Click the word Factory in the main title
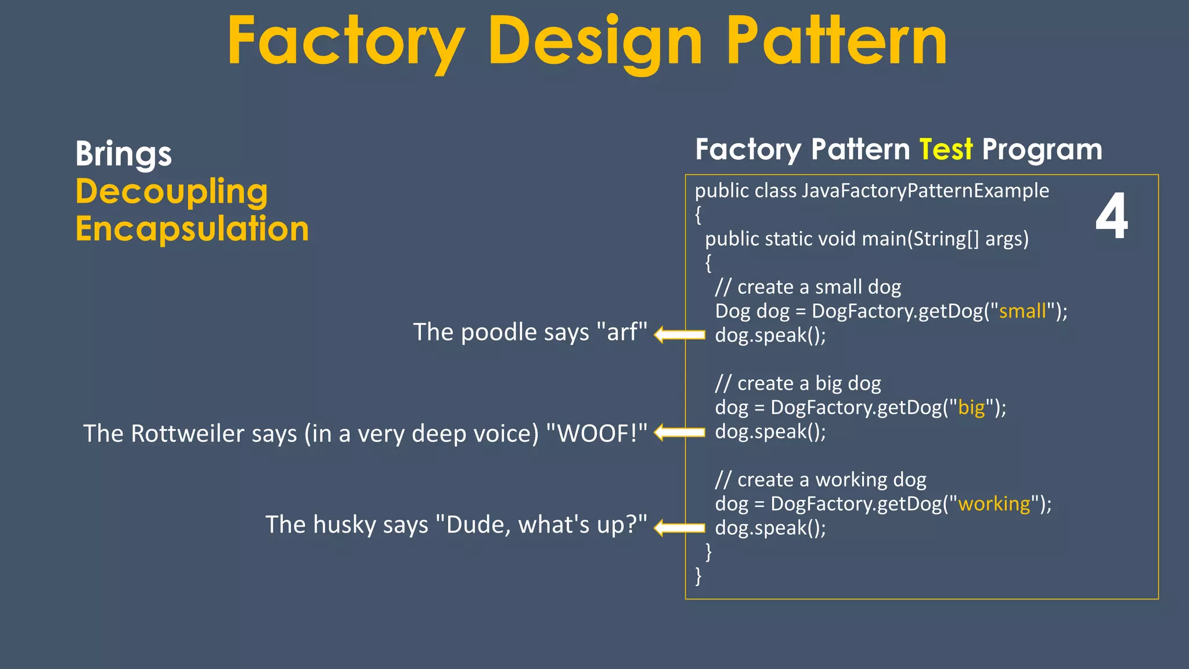click(x=346, y=42)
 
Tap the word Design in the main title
click(x=595, y=42)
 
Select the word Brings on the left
click(x=123, y=154)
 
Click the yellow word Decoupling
click(x=171, y=192)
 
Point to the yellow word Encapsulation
click(x=192, y=229)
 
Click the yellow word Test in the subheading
click(x=946, y=149)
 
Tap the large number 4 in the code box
click(x=1111, y=216)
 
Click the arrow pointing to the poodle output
click(x=679, y=334)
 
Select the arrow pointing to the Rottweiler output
click(x=679, y=432)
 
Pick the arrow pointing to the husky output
click(x=679, y=527)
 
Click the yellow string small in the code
click(x=1022, y=311)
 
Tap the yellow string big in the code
click(x=972, y=408)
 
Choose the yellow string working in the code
click(x=994, y=503)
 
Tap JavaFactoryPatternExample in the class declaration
click(x=925, y=190)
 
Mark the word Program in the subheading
click(x=1042, y=150)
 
